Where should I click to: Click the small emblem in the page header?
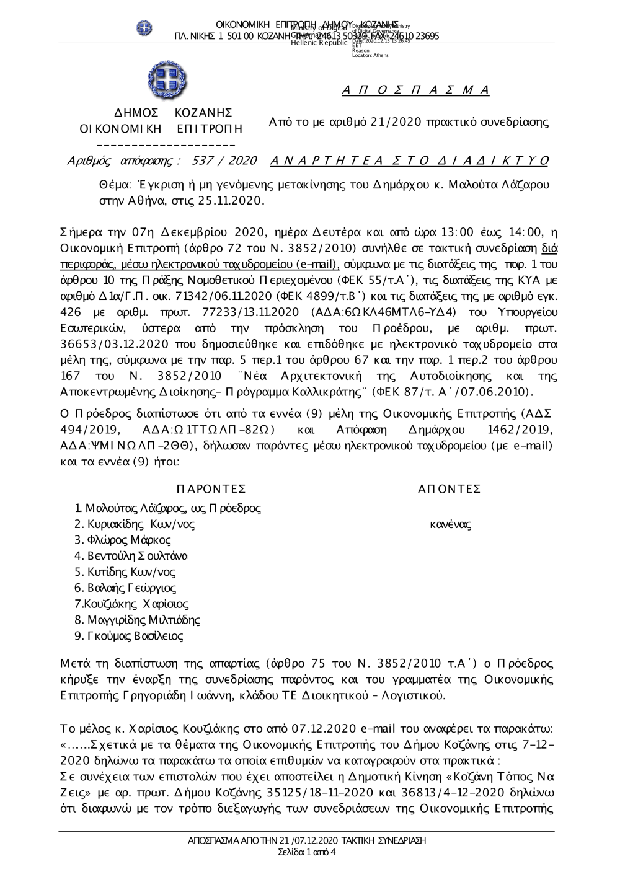pos(144,28)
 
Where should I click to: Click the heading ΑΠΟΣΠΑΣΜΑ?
pos(415,90)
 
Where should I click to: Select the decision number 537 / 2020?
pos(224,161)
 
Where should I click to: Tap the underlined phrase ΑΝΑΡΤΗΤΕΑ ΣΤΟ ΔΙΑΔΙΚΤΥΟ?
pos(410,161)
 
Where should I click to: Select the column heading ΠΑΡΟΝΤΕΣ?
pos(211,489)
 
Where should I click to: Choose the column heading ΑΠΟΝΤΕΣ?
pos(449,489)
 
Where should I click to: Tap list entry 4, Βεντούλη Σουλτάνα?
pos(130,556)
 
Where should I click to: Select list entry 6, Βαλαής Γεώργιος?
pos(125,588)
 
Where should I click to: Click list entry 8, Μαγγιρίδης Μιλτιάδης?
pos(137,620)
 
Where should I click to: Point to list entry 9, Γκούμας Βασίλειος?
pos(128,636)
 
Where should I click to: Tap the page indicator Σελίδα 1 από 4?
pos(308,852)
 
